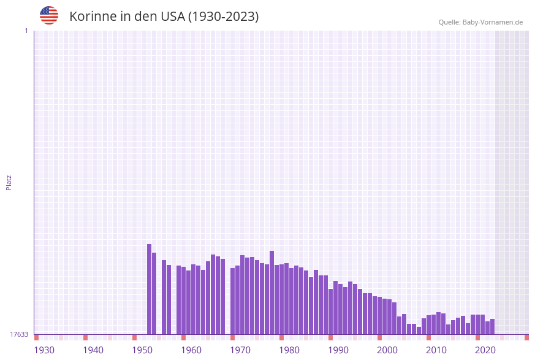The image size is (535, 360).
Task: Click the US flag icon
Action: pyautogui.click(x=49, y=15)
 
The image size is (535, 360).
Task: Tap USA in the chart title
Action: pyautogui.click(x=172, y=17)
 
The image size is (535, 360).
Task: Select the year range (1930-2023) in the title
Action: pyautogui.click(x=223, y=17)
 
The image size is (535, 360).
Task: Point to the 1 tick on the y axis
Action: pyautogui.click(x=26, y=31)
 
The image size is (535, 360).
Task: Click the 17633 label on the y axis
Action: pyautogui.click(x=19, y=334)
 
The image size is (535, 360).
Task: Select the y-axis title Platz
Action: pyautogui.click(x=9, y=182)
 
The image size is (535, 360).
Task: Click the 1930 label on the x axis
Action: pyautogui.click(x=44, y=350)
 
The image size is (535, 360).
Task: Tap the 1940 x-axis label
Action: pyautogui.click(x=93, y=350)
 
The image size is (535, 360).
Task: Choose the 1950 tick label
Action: pyautogui.click(x=142, y=350)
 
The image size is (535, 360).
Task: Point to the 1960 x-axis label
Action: pyautogui.click(x=191, y=350)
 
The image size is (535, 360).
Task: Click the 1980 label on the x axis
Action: pyautogui.click(x=289, y=350)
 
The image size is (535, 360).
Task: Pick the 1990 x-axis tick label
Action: pyautogui.click(x=338, y=350)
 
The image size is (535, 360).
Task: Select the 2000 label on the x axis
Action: pyautogui.click(x=387, y=350)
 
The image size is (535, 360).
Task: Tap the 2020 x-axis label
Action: pyautogui.click(x=485, y=350)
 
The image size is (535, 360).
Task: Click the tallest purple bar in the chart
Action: pyautogui.click(x=149, y=288)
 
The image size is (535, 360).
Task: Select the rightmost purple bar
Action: pyautogui.click(x=492, y=326)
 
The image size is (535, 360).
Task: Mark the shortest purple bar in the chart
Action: pyautogui.click(x=419, y=331)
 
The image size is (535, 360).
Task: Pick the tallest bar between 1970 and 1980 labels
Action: pyautogui.click(x=271, y=292)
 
